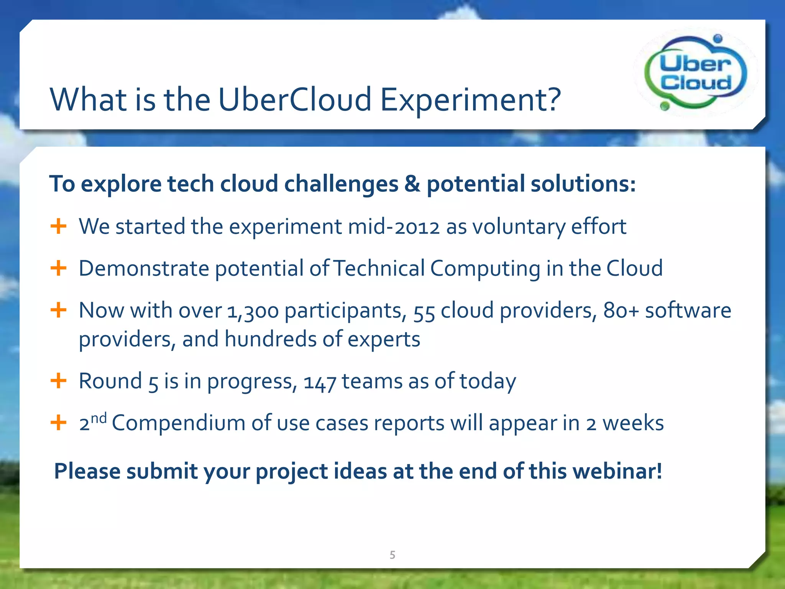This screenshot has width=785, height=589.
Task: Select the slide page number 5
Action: click(392, 554)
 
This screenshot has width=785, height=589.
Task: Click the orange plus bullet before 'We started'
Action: click(59, 226)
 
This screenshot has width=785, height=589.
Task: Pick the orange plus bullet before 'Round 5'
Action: click(59, 381)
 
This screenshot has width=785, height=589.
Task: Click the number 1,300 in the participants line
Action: click(253, 311)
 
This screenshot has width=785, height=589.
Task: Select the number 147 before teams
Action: click(320, 382)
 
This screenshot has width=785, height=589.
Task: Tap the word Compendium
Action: click(178, 423)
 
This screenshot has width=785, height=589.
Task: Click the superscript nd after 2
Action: click(99, 418)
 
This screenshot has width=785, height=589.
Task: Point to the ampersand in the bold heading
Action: click(412, 184)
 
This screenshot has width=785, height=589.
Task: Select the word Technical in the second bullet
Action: click(379, 268)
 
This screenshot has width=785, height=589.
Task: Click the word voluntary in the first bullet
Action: click(518, 227)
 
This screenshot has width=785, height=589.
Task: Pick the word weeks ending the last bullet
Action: click(633, 423)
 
